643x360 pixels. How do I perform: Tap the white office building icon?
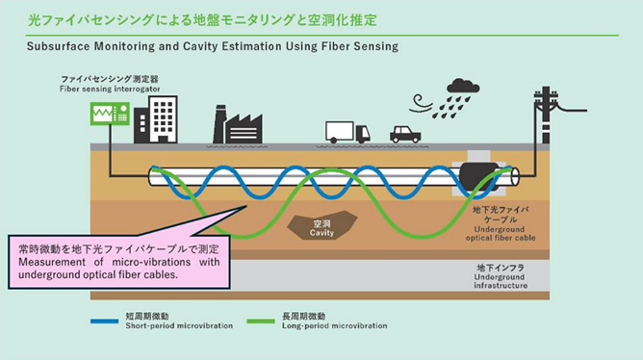[x=155, y=117]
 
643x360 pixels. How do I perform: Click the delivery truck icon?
[x=347, y=132]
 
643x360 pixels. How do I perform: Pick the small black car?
[x=404, y=134]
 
